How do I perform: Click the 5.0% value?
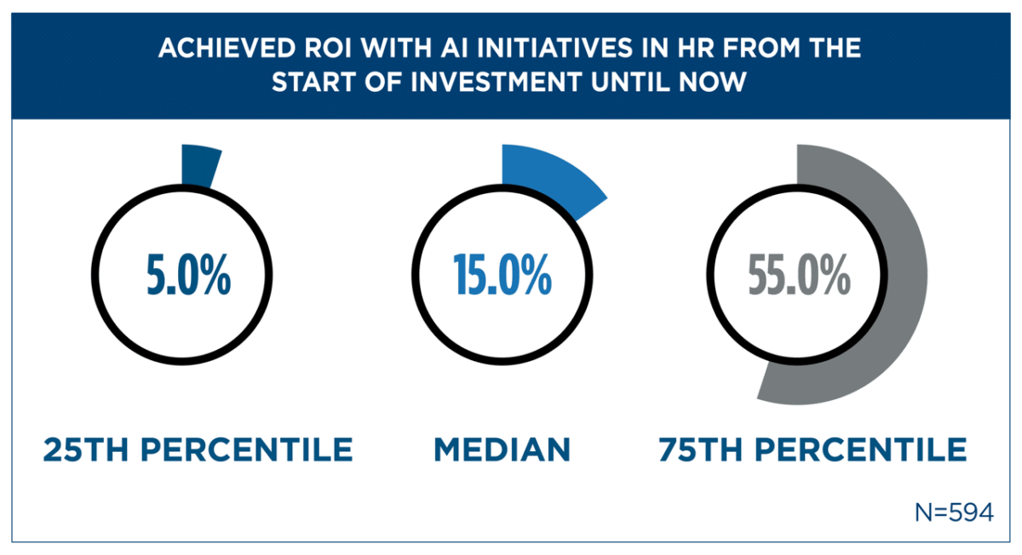click(x=188, y=275)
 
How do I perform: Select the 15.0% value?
click(x=502, y=275)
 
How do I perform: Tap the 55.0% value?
click(x=800, y=275)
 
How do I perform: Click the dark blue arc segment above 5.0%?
click(x=199, y=166)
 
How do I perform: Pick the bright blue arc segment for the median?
click(x=552, y=175)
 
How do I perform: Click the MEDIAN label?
click(x=502, y=449)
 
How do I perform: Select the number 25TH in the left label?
click(x=85, y=449)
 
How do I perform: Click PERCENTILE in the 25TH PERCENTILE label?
click(x=247, y=449)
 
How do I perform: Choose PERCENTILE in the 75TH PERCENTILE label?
click(x=861, y=449)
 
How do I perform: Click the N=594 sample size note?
click(x=954, y=512)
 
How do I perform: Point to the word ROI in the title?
click(x=328, y=48)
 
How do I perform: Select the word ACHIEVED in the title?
click(x=227, y=48)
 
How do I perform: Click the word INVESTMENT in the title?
click(x=496, y=82)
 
